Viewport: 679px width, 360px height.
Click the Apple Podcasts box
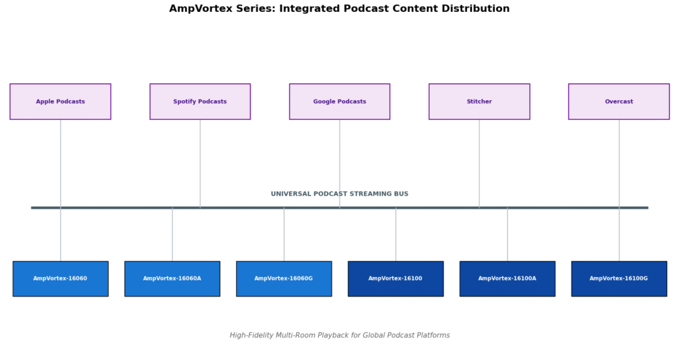[60, 101]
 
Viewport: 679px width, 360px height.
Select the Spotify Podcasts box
[200, 101]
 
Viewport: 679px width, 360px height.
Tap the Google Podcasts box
[339, 101]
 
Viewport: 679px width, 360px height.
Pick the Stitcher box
[479, 101]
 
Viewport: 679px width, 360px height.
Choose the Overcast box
[619, 101]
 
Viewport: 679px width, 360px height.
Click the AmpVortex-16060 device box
[60, 278]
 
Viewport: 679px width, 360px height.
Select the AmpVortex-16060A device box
[172, 278]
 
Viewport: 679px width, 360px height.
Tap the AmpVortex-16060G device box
[284, 278]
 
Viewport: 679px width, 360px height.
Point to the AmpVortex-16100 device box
[395, 278]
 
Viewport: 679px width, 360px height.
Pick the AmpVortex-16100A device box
[507, 278]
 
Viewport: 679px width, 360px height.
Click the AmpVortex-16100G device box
[619, 278]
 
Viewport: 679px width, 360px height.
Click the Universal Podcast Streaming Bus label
[339, 194]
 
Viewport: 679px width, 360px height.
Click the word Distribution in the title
[475, 9]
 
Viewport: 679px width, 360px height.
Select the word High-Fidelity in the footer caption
[250, 335]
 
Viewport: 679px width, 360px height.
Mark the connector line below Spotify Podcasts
[200, 162]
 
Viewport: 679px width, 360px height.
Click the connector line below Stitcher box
[479, 162]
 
